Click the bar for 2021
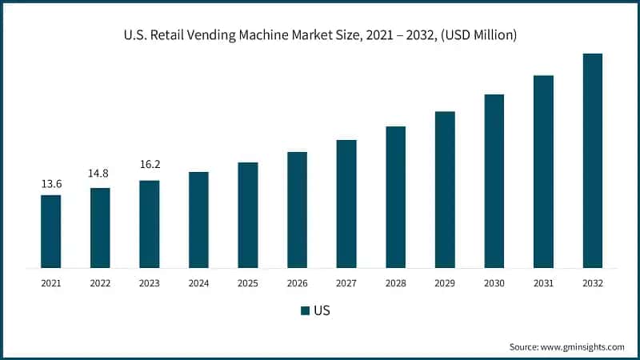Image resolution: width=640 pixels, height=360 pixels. (x=50, y=231)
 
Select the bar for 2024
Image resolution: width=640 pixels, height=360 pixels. (x=198, y=220)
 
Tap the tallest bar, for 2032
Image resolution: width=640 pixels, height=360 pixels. (x=592, y=160)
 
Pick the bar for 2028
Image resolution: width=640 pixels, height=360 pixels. (x=395, y=197)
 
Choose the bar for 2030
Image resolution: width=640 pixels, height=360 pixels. (x=494, y=181)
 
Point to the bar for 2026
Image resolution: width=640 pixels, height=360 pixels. (x=297, y=210)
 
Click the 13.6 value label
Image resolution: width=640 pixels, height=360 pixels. (x=50, y=185)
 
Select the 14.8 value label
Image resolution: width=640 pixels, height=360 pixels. (x=100, y=174)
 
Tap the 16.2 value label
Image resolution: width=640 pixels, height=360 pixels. (x=149, y=166)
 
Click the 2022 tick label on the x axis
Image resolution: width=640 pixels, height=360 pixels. (x=100, y=283)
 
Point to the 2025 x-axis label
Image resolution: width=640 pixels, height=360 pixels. (x=248, y=283)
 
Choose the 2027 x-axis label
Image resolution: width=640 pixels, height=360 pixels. (x=346, y=283)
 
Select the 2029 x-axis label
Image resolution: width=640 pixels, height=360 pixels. (x=445, y=283)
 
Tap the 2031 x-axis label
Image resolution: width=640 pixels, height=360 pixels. (x=543, y=283)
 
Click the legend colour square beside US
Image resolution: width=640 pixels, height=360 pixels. (x=305, y=310)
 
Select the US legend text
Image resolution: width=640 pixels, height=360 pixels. (x=322, y=310)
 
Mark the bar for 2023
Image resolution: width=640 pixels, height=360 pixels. (x=149, y=224)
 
